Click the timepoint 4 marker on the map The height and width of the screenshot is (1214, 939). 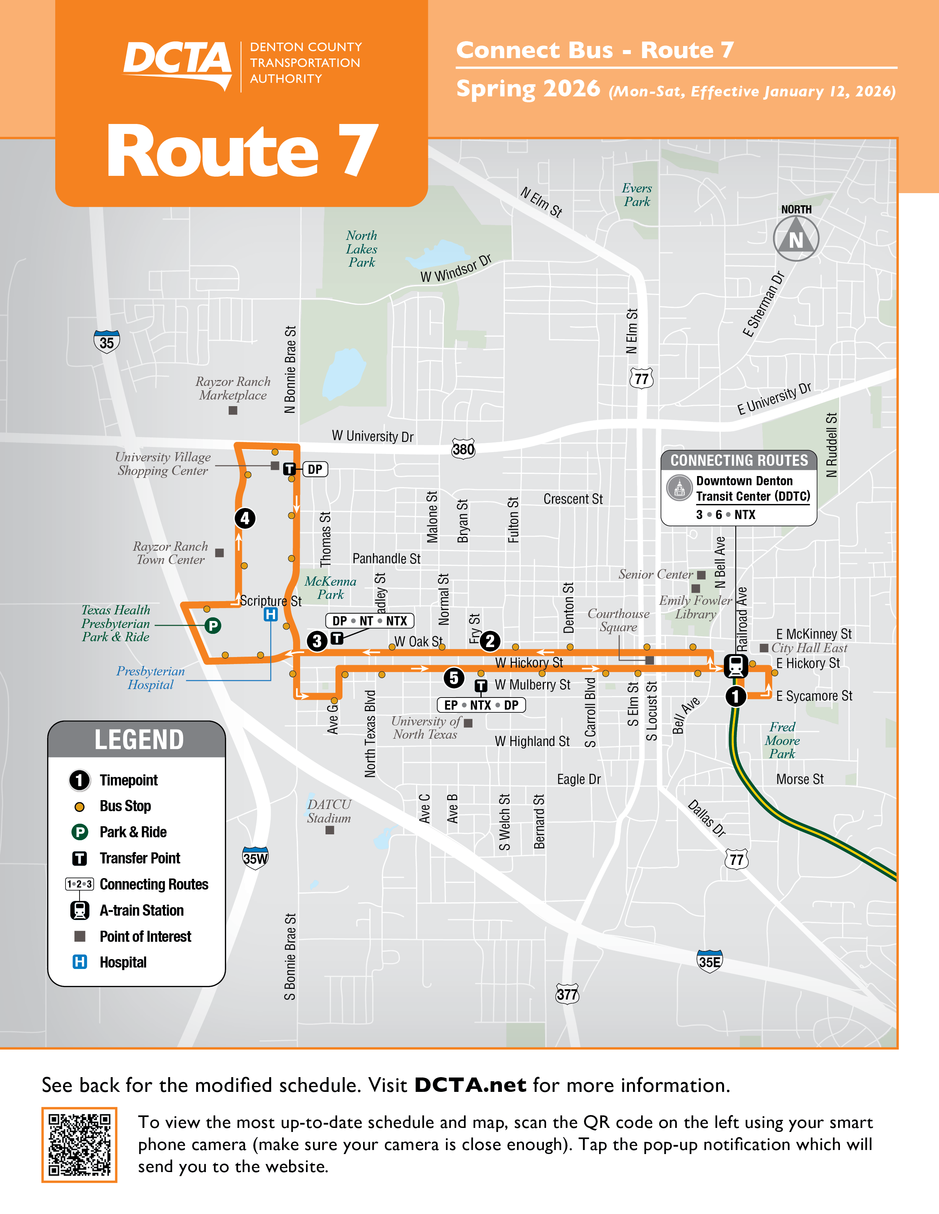point(245,518)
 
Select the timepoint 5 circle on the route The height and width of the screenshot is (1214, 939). point(454,678)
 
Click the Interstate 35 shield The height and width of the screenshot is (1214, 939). point(106,342)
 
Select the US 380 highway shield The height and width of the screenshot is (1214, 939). point(463,448)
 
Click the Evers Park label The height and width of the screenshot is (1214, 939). point(637,195)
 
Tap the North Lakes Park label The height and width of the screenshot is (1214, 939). point(362,249)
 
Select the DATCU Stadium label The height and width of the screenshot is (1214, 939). point(329,811)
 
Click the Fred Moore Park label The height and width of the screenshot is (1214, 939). point(782,741)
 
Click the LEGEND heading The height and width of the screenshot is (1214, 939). point(139,740)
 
